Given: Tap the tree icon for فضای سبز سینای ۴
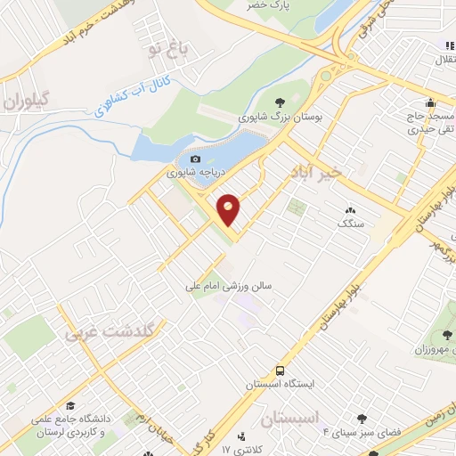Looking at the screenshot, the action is (x=362, y=418).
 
